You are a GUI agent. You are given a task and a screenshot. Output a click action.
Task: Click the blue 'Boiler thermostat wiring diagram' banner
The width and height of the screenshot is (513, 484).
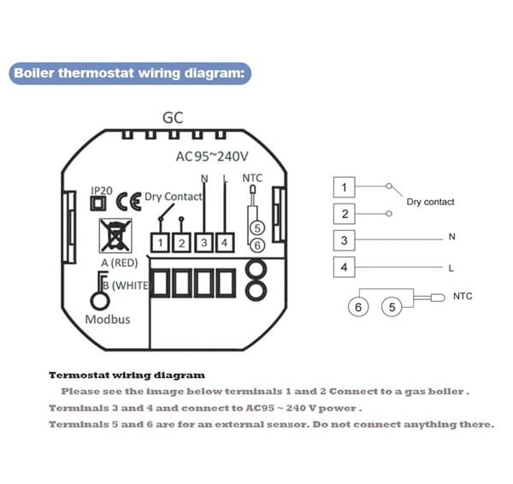[131, 73]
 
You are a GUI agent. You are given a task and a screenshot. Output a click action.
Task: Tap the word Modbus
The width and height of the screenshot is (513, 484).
[108, 318]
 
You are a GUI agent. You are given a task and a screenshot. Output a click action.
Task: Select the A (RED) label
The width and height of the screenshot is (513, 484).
[120, 262]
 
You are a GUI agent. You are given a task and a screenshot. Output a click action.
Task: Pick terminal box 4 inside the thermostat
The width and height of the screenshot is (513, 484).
[224, 244]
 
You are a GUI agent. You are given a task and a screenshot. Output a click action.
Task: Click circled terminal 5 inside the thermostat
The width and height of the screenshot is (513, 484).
[257, 228]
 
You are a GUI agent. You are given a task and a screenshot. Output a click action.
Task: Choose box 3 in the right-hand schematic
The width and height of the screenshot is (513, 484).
[344, 240]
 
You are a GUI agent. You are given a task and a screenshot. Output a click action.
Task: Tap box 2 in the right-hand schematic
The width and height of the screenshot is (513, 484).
[344, 214]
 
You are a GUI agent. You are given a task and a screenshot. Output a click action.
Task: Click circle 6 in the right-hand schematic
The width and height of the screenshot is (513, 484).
[359, 305]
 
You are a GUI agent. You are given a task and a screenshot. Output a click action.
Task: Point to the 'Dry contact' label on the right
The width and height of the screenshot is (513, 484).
[430, 202]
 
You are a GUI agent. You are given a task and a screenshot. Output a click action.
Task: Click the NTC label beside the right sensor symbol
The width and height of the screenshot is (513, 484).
[462, 297]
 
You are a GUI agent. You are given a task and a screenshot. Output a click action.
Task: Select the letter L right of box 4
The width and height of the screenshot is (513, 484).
[451, 268]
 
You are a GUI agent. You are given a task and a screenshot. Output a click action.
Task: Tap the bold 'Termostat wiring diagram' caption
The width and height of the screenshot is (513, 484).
[127, 375]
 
